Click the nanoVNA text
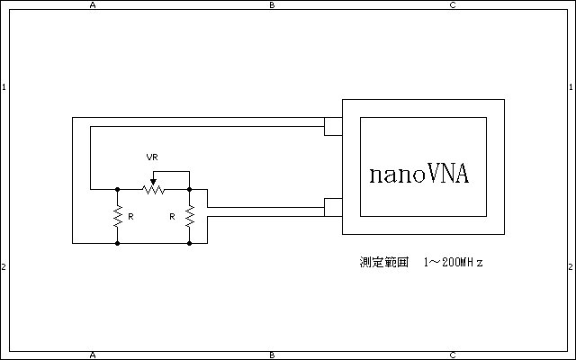click(x=418, y=174)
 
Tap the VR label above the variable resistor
click(x=152, y=157)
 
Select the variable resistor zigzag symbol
click(x=153, y=189)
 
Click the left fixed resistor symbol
click(x=117, y=216)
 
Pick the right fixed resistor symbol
click(x=189, y=216)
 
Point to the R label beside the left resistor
click(x=130, y=217)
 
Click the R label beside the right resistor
click(x=172, y=217)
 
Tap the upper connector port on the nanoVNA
click(x=333, y=126)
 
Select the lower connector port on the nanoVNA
click(x=333, y=207)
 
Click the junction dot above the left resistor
click(x=117, y=189)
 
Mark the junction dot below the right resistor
click(x=189, y=243)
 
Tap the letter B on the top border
click(x=273, y=5)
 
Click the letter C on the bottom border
click(x=453, y=355)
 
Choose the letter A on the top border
click(x=93, y=5)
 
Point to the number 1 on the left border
click(x=4, y=87)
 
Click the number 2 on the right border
click(x=571, y=267)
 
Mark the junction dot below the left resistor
click(x=117, y=243)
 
